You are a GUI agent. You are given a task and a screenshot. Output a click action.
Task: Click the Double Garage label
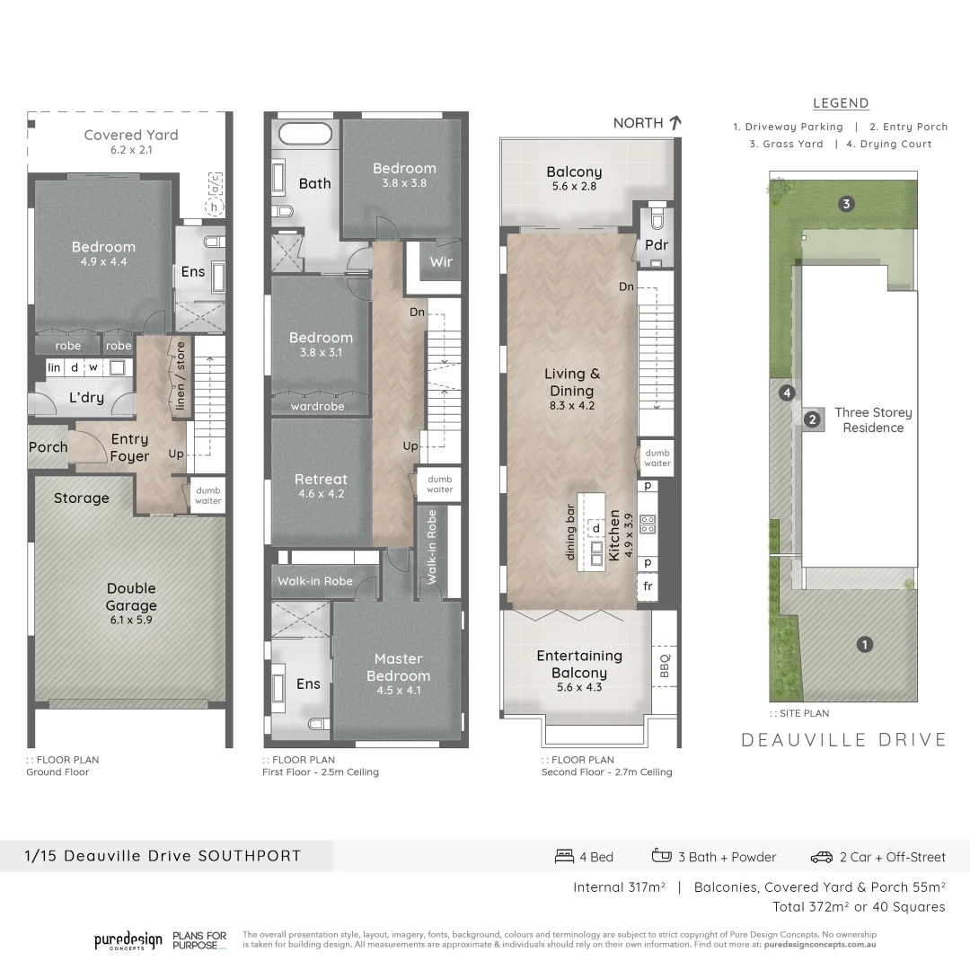point(131,596)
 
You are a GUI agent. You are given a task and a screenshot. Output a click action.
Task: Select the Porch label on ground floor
point(48,446)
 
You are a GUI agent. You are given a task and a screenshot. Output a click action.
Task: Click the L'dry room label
point(88,397)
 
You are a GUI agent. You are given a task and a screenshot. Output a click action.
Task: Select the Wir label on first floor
point(441,262)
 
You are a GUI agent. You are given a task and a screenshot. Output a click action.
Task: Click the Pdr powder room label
point(657,245)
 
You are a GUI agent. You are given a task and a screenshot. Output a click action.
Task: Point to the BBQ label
point(665,664)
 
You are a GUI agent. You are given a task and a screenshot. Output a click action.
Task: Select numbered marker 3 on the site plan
point(845,204)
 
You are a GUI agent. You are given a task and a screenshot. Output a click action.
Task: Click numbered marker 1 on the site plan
point(864,644)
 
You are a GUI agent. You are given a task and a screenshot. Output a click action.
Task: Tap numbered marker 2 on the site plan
point(813,419)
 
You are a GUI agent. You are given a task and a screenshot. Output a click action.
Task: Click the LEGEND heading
point(841,103)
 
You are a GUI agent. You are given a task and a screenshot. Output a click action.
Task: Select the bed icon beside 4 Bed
point(564,856)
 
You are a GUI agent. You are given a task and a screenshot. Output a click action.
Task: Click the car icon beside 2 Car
point(821,857)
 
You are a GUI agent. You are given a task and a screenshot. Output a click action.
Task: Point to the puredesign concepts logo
point(128,940)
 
